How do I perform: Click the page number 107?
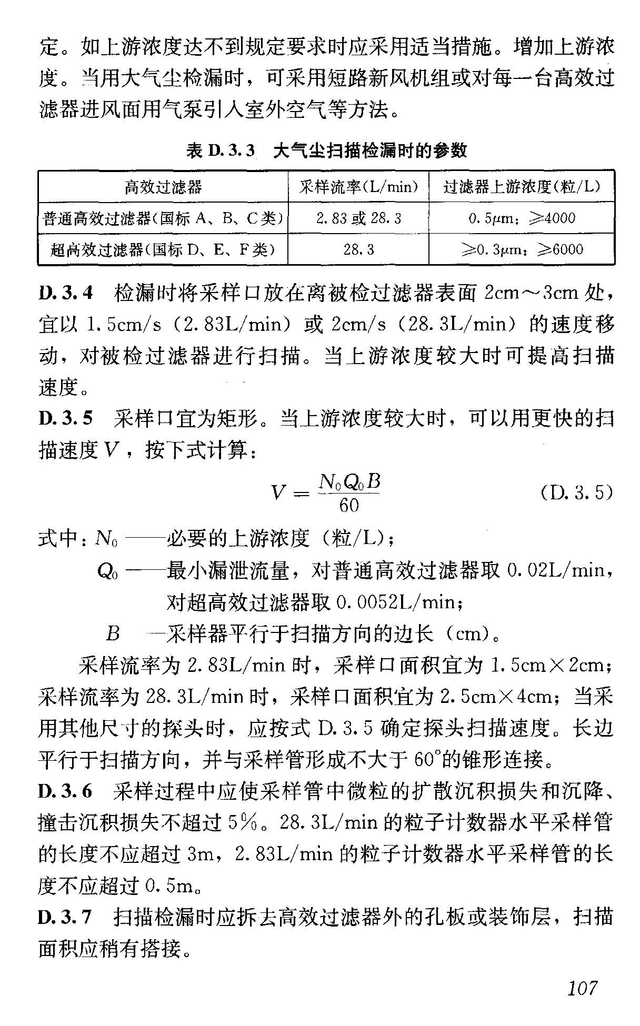[x=583, y=988]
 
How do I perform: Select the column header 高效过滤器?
[x=163, y=187]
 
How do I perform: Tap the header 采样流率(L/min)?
[x=358, y=187]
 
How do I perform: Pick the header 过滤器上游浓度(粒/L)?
[x=522, y=187]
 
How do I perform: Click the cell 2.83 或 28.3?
[x=358, y=218]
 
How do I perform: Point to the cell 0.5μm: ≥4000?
[x=522, y=218]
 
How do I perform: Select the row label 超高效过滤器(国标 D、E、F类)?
[x=163, y=249]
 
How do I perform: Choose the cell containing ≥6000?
[x=522, y=249]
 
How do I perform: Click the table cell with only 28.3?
[x=358, y=249]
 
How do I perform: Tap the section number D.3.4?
[x=66, y=293]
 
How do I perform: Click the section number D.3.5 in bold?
[x=66, y=419]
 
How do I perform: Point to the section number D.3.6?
[x=66, y=791]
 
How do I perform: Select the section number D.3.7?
[x=66, y=917]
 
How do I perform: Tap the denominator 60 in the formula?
[x=349, y=506]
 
